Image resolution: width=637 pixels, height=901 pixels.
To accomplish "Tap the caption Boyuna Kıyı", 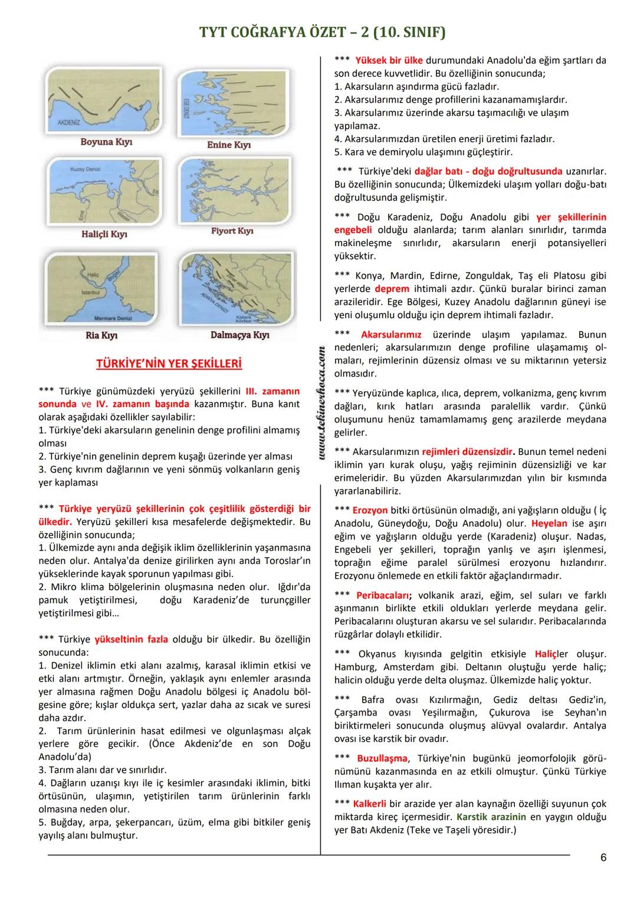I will pyautogui.click(x=106, y=142).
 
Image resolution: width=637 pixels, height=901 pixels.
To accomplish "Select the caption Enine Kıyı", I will pyautogui.click(x=229, y=145).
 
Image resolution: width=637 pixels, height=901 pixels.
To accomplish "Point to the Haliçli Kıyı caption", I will pyautogui.click(x=104, y=234).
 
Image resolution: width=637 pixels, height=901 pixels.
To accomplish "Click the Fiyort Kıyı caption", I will pyautogui.click(x=232, y=231).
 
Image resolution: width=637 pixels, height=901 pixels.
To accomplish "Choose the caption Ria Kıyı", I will pyautogui.click(x=101, y=335).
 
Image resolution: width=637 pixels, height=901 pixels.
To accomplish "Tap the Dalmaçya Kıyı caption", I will pyautogui.click(x=239, y=335).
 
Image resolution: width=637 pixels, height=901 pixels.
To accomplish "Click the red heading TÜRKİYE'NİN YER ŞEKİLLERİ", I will pyautogui.click(x=169, y=363).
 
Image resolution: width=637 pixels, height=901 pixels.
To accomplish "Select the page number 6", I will pyautogui.click(x=603, y=858).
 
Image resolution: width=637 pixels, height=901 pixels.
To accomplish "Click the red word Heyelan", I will pyautogui.click(x=549, y=523).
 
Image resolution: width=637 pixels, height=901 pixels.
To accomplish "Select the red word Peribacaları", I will pyautogui.click(x=384, y=595).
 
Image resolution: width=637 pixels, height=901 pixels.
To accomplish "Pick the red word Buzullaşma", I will pyautogui.click(x=382, y=758).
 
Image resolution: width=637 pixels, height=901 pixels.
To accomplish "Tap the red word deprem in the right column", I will pyautogui.click(x=392, y=289).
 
